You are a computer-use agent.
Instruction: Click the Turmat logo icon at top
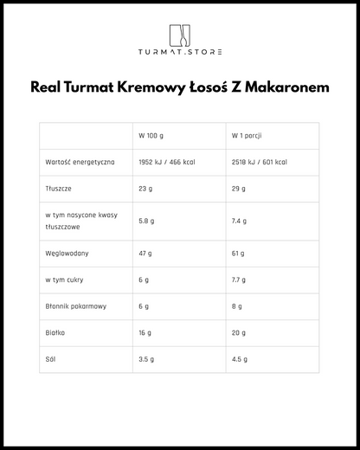point(179,35)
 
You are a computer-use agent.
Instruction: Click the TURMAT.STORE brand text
point(179,53)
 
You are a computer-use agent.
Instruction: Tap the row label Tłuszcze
point(60,189)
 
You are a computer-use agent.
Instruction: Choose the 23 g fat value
point(145,189)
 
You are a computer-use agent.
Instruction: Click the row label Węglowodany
point(67,254)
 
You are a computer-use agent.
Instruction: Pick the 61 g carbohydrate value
point(238,254)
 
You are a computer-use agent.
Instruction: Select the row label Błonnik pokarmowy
point(76,305)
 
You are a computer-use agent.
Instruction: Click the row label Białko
point(55,331)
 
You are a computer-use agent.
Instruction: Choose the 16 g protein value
point(145,331)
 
